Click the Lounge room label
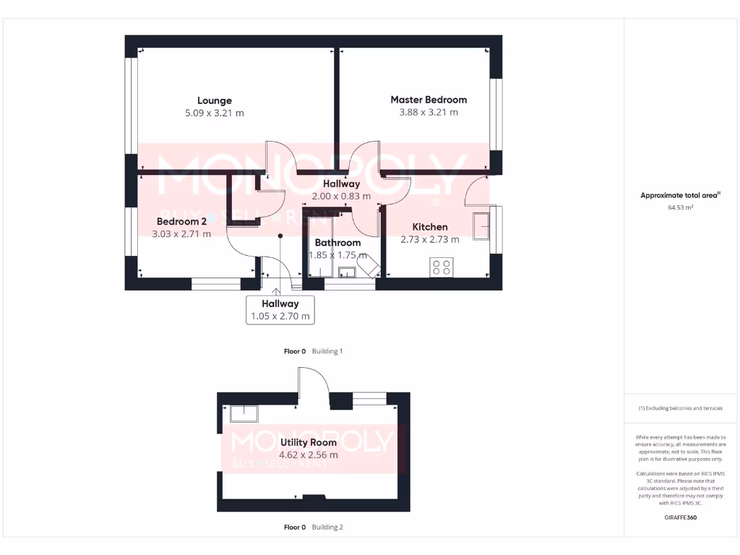click(215, 100)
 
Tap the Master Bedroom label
click(429, 100)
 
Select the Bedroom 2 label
click(182, 221)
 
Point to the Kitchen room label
click(430, 227)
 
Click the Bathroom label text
click(337, 243)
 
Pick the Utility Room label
click(309, 442)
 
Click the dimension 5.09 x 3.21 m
click(215, 113)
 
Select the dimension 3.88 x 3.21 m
click(429, 113)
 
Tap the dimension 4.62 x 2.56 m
click(309, 455)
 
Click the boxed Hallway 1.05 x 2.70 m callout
click(280, 310)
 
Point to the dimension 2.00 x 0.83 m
click(341, 197)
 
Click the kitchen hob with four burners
click(441, 267)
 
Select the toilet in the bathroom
click(367, 268)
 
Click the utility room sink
click(244, 413)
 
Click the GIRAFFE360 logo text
click(680, 517)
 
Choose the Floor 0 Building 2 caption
click(313, 528)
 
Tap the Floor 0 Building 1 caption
click(313, 351)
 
